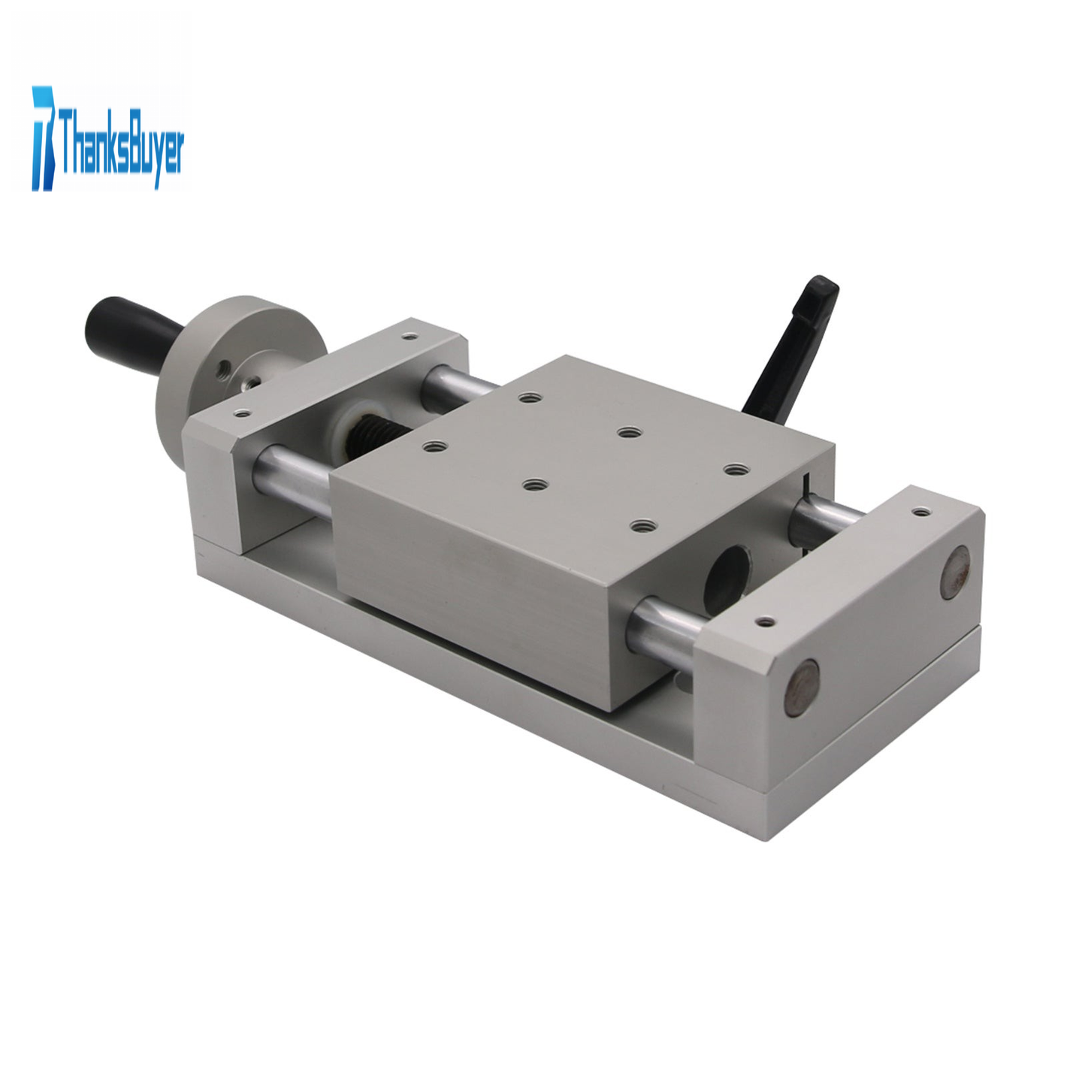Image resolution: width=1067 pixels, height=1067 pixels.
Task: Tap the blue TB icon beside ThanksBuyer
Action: (x=45, y=138)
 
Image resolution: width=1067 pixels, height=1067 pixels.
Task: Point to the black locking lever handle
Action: (x=791, y=349)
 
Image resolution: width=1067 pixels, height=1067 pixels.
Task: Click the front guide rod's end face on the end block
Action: (x=802, y=688)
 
